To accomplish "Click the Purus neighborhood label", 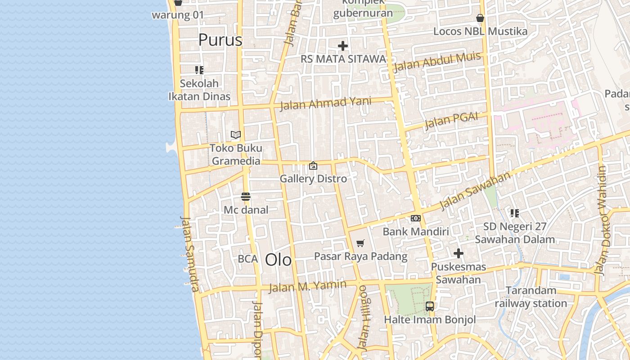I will point(220,40).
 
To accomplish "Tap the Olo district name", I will point(278,260).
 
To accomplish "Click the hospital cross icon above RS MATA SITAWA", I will point(343,46).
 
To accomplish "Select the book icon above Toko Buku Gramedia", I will point(236,135).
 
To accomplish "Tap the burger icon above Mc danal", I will point(245,197).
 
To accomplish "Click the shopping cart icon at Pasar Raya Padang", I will point(360,243).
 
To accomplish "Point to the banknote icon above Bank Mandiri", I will point(416,218).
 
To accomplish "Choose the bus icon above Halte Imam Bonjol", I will point(430,306).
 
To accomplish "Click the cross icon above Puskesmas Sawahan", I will point(459,254).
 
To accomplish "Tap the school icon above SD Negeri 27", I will point(514,213).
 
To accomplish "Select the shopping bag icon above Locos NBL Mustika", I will point(480,18).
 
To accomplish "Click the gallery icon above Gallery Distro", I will point(313,166).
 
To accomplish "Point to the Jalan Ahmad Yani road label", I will point(326,103).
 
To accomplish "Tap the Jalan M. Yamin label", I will point(308,286).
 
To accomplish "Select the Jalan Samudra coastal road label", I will point(189,253).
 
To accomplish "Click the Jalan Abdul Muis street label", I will point(437,62).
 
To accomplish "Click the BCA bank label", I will point(248,259).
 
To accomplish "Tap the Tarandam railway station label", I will point(531,297).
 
